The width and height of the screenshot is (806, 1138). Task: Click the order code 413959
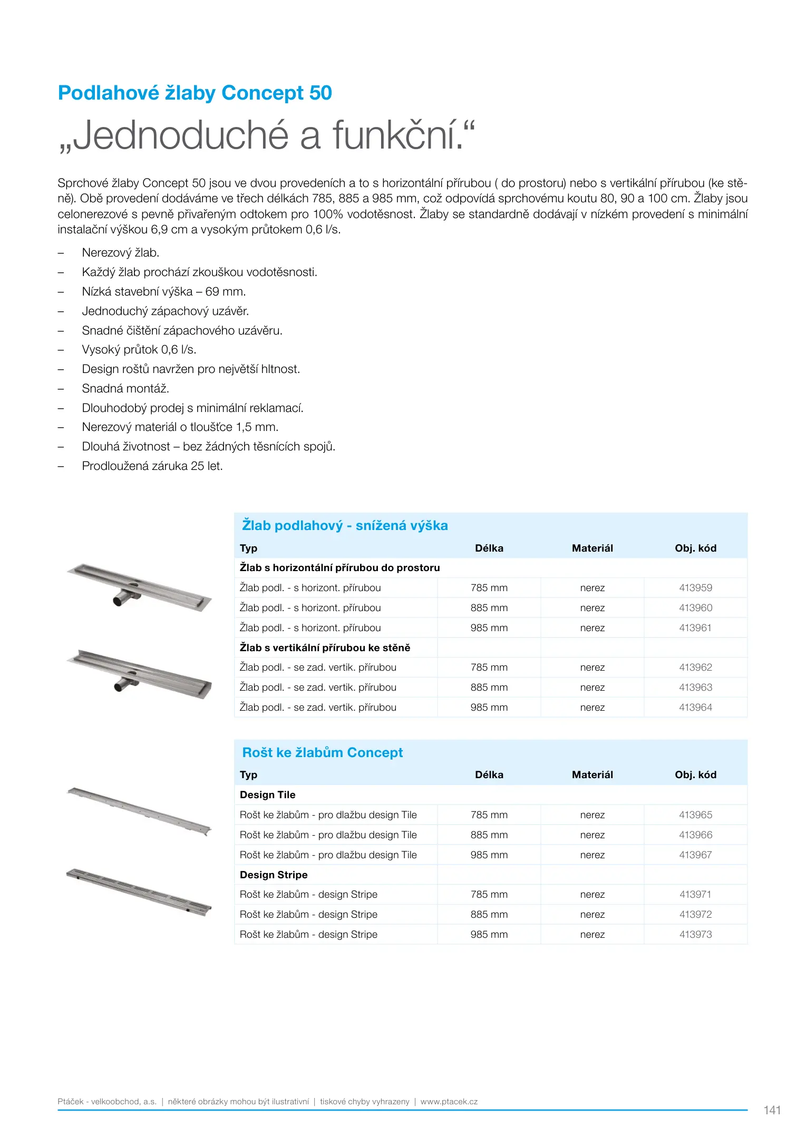click(x=695, y=587)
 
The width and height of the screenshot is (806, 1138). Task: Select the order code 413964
click(x=695, y=707)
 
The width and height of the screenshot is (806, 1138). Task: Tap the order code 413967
click(x=695, y=855)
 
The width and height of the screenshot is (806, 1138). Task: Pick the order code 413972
click(x=695, y=914)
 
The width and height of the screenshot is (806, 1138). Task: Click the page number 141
click(x=772, y=1110)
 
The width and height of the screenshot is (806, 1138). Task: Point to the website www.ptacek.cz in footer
click(x=449, y=1101)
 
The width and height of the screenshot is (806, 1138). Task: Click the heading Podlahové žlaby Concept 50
click(x=195, y=93)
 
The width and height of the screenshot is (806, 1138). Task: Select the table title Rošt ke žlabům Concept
click(x=322, y=752)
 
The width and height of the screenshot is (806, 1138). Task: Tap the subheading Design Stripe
click(x=274, y=875)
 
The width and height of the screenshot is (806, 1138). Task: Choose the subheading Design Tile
click(x=267, y=794)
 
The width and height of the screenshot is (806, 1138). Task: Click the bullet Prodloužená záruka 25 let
click(x=152, y=466)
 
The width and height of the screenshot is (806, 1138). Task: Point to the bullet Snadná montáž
click(x=125, y=388)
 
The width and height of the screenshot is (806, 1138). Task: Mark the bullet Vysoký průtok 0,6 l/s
click(x=139, y=349)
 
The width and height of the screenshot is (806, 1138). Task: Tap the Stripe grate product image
click(x=139, y=891)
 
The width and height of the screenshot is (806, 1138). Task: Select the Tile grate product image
click(x=139, y=810)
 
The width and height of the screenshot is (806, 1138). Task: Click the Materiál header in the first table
click(x=592, y=548)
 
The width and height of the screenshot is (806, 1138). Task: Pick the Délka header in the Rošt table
click(x=489, y=774)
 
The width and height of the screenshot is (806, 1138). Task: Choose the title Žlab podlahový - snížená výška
click(x=345, y=525)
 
